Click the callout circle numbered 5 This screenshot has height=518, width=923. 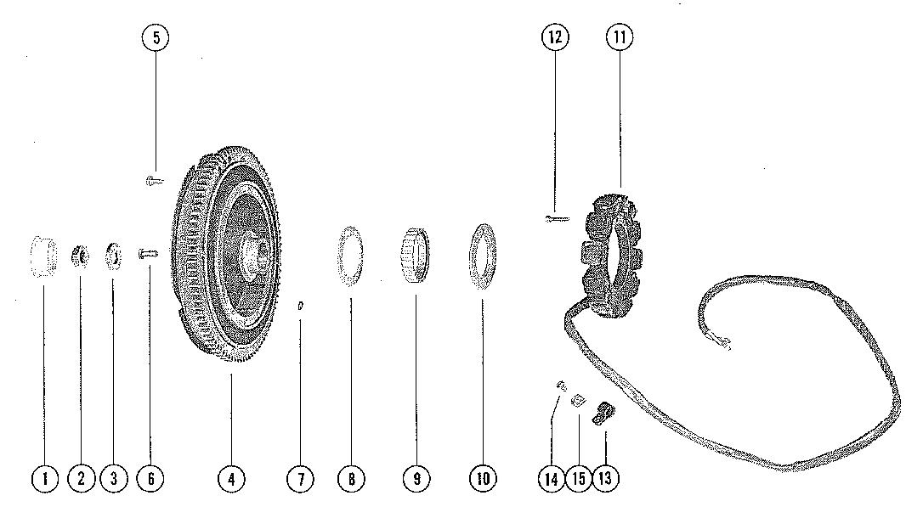pyautogui.click(x=156, y=37)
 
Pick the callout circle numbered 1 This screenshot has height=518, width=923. pyautogui.click(x=44, y=479)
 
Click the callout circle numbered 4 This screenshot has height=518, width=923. pyautogui.click(x=231, y=479)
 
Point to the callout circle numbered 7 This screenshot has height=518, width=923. pyautogui.click(x=300, y=479)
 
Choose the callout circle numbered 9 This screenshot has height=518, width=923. pyautogui.click(x=416, y=479)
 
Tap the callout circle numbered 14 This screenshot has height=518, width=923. pyautogui.click(x=552, y=479)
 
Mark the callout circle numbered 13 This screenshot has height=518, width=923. pyautogui.click(x=606, y=479)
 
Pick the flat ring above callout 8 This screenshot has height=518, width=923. pyautogui.click(x=350, y=256)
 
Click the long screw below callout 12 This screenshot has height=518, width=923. pyautogui.click(x=555, y=219)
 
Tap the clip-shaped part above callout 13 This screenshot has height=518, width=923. pyautogui.click(x=604, y=413)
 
